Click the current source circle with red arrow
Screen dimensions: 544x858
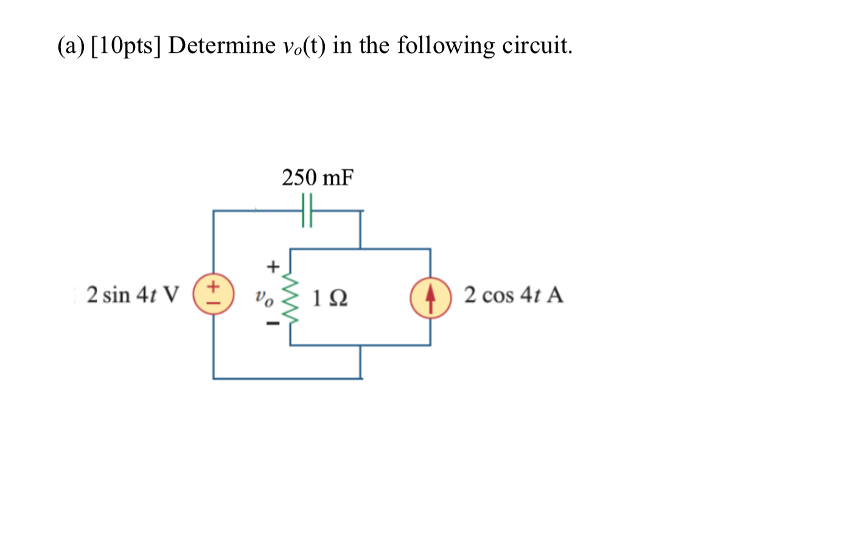point(430,298)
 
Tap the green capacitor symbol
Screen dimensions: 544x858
point(307,211)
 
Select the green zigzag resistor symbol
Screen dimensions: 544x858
point(290,298)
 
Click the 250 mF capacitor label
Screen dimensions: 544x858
point(317,178)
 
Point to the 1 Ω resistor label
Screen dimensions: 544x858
point(329,298)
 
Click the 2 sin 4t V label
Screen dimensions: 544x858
point(133,295)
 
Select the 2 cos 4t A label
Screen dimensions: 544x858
point(513,295)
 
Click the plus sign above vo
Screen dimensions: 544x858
point(273,267)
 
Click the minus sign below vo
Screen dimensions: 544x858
point(273,324)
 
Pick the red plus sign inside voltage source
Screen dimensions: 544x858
point(214,285)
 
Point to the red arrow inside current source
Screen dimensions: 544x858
point(430,298)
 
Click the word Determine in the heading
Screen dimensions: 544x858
point(221,46)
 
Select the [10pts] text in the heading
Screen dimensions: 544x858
point(126,46)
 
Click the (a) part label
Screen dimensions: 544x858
point(71,46)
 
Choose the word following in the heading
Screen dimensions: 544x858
point(446,46)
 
